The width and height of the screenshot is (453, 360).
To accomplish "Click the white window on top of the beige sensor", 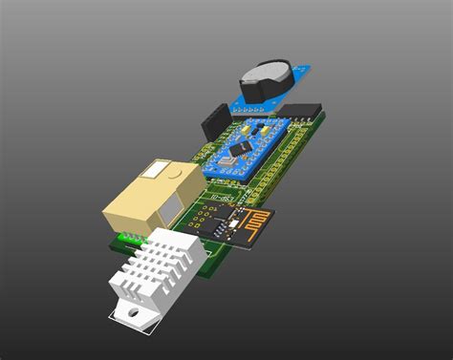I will [x=154, y=171].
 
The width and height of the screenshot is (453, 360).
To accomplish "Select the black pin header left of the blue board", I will [x=212, y=125].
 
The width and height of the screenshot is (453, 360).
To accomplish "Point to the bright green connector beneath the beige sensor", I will [x=123, y=238].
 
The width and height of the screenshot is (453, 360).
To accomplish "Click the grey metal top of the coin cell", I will [x=262, y=71].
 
